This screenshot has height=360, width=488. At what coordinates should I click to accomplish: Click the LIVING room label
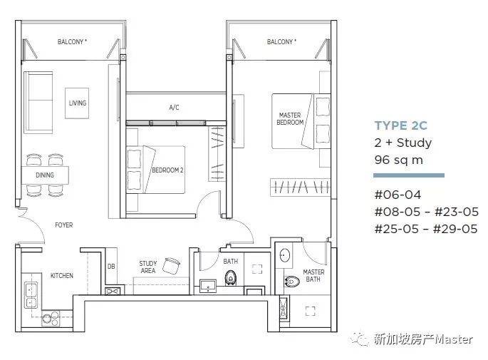(78, 103)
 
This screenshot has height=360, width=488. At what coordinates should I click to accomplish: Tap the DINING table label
(45, 175)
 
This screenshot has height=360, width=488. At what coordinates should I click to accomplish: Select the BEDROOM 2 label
(167, 170)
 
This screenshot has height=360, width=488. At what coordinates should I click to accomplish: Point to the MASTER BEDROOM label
(290, 119)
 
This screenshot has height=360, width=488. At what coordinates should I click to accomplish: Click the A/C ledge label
(174, 108)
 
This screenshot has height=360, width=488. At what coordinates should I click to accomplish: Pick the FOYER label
(64, 225)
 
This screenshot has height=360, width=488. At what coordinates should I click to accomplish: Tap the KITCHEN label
(62, 276)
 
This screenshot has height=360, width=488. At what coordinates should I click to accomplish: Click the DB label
(111, 267)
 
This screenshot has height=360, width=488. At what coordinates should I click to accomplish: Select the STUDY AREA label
(148, 267)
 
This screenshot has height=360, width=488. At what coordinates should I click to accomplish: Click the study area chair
(172, 266)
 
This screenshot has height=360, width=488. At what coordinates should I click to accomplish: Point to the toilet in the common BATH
(230, 277)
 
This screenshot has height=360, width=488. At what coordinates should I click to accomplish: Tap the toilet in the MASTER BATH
(292, 282)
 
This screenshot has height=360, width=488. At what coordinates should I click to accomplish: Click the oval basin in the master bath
(284, 255)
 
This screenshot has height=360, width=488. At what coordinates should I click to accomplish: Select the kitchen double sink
(31, 295)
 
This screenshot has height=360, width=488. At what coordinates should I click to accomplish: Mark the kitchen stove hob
(51, 318)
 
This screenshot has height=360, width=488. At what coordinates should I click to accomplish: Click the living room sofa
(38, 103)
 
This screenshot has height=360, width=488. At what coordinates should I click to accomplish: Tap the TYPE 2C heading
(401, 125)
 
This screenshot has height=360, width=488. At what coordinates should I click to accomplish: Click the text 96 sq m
(399, 160)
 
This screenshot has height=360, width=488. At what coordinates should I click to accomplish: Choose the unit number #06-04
(398, 195)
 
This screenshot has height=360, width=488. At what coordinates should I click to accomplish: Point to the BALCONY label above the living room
(72, 42)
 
